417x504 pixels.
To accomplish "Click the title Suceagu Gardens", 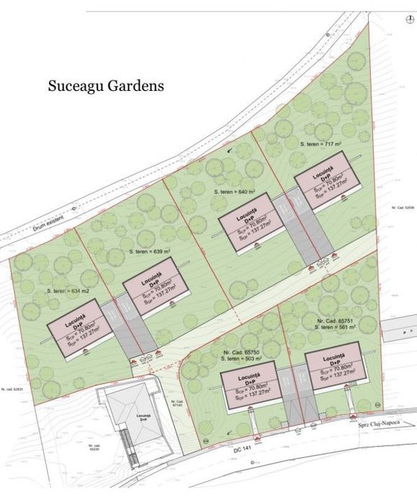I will coord(106,86).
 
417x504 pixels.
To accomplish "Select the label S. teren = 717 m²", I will coord(320,144).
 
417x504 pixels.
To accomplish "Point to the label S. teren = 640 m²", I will coord(236,193).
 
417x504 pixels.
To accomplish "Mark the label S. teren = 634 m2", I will coord(68,290).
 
